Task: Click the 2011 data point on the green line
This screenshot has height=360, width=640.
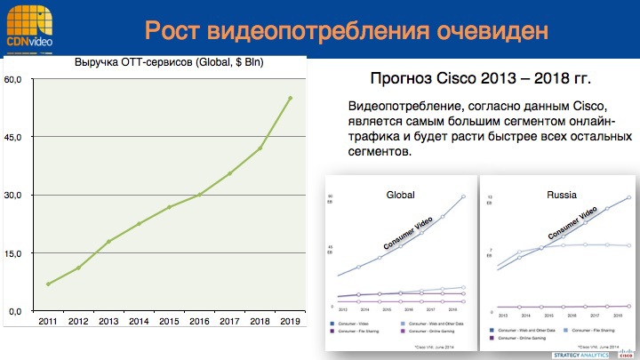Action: pyautogui.click(x=48, y=284)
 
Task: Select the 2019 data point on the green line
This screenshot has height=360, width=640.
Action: pyautogui.click(x=291, y=98)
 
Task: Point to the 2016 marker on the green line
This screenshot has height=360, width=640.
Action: pyautogui.click(x=200, y=194)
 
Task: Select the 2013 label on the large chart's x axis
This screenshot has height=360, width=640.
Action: pyautogui.click(x=108, y=321)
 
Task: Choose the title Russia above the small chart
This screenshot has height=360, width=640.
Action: pyautogui.click(x=558, y=194)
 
